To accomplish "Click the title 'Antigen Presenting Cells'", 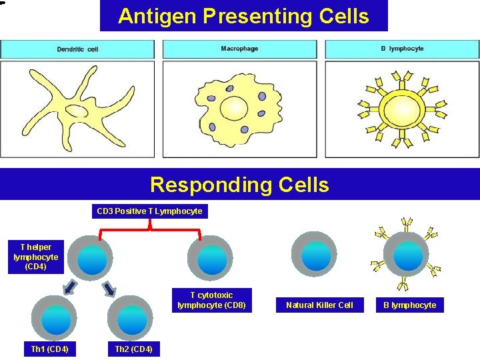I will point(243,16).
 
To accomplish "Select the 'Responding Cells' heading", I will point(239,185).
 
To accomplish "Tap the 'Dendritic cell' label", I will point(77,49).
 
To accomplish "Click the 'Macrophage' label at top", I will point(239,49).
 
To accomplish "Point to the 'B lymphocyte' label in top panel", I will point(401,49).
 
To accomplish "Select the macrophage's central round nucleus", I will point(235,107).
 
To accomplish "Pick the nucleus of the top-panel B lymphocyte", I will point(401,108).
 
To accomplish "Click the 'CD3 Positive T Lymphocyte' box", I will point(149,211).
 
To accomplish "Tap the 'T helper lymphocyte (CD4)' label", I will point(35,257).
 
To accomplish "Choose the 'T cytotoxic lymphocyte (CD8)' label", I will point(211,300).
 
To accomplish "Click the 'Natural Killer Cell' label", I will point(319,305).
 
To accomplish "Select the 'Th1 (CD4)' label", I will point(50,349).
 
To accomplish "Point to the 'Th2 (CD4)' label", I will point(133,349).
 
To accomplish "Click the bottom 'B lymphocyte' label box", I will point(409,305).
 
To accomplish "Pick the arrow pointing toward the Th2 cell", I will point(109,289).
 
